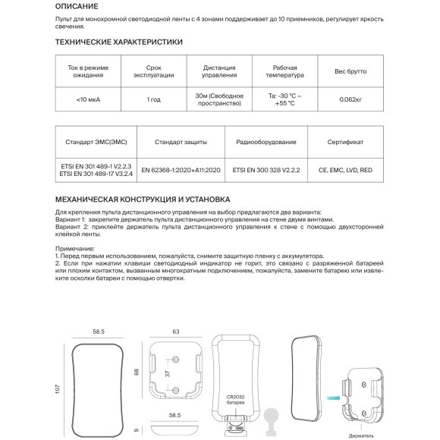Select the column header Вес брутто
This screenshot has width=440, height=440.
(x=350, y=71)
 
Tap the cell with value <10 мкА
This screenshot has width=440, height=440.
(x=86, y=100)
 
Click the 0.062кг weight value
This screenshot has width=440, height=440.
(x=350, y=100)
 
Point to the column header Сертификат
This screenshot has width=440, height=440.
(x=345, y=142)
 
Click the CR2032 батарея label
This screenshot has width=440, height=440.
(x=235, y=398)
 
